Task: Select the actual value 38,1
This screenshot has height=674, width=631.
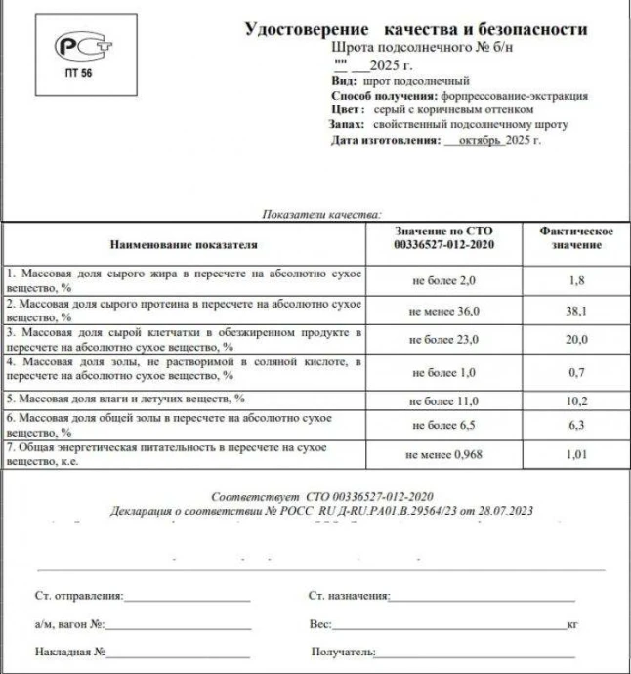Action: click(x=577, y=310)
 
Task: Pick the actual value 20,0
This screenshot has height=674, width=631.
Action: click(x=577, y=339)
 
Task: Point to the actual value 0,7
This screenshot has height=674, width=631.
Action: click(x=577, y=372)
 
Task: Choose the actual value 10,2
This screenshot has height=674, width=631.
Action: click(x=577, y=400)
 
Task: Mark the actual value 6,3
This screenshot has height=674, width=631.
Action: click(x=577, y=424)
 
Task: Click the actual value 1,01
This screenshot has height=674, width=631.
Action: click(x=577, y=453)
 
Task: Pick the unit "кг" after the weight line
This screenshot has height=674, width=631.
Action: click(x=571, y=623)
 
